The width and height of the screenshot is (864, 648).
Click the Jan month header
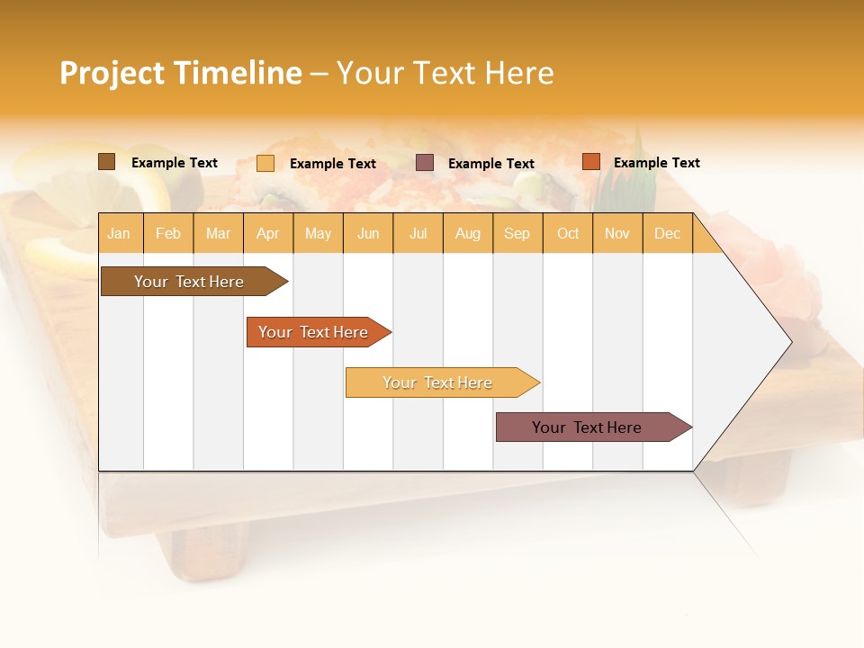click(119, 233)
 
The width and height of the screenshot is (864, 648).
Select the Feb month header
click(168, 233)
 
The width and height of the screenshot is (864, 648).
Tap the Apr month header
click(267, 233)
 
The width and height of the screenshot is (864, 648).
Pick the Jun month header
click(368, 233)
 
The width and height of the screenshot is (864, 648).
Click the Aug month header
click(467, 233)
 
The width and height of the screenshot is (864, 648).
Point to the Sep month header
click(517, 233)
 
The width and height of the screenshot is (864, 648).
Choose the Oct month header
click(568, 233)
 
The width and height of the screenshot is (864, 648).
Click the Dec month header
click(667, 233)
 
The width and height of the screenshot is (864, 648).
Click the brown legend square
click(106, 162)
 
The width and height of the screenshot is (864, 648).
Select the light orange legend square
click(265, 163)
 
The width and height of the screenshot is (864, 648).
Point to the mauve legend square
click(425, 162)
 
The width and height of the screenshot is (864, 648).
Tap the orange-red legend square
click(590, 162)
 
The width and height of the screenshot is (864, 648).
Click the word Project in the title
click(112, 73)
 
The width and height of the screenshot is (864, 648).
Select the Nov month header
click(617, 233)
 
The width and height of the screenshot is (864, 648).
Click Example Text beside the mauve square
click(491, 164)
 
